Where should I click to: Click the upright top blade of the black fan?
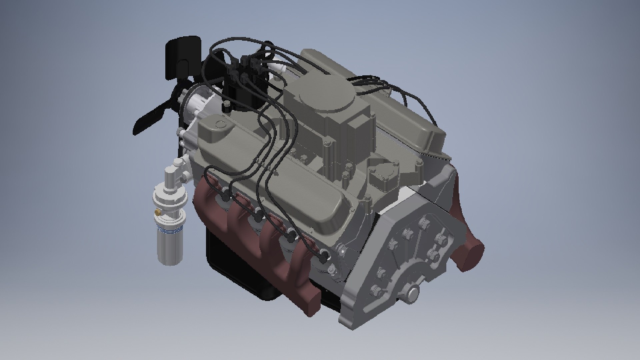point(182,57)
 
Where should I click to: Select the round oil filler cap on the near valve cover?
point(220,124)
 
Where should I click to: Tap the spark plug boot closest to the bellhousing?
point(323,257)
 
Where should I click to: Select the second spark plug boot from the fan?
point(258,217)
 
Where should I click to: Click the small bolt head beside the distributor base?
point(227,106)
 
